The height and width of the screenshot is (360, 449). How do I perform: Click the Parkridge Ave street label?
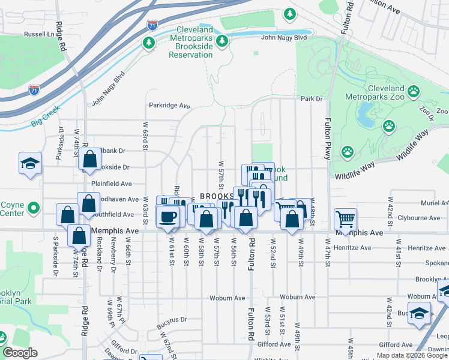(x=169, y=106)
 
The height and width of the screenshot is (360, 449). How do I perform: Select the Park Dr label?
(x=312, y=99)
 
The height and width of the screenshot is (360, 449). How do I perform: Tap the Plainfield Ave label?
(x=111, y=184)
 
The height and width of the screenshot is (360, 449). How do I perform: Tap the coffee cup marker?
(x=167, y=216)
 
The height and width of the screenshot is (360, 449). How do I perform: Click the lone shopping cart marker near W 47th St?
(x=345, y=218)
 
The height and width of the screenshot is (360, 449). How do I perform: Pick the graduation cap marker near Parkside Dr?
(x=29, y=164)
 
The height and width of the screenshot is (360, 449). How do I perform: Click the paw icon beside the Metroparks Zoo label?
(x=414, y=91)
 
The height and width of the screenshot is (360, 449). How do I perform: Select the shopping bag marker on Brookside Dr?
(x=89, y=160)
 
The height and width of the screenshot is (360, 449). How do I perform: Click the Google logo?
(x=20, y=353)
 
